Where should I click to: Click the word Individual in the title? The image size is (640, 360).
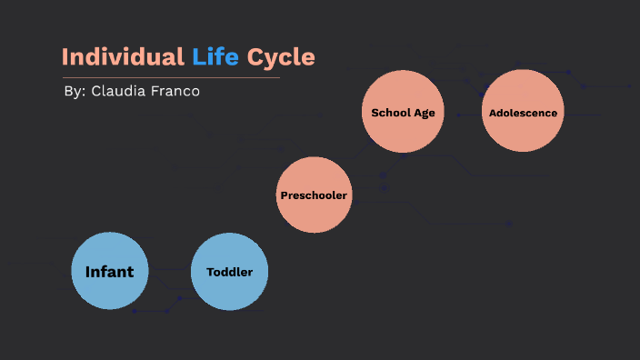click(x=123, y=57)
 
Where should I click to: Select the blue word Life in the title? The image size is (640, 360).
click(x=215, y=57)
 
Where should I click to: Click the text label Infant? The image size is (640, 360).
click(x=109, y=272)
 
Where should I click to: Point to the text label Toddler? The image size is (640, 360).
click(x=229, y=272)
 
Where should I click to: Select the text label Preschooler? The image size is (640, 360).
click(x=314, y=195)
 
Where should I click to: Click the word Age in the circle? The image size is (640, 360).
click(x=424, y=114)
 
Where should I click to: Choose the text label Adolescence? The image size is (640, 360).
click(x=523, y=114)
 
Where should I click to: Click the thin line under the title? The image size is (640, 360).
click(x=170, y=77)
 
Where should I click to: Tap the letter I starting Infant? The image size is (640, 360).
click(x=87, y=272)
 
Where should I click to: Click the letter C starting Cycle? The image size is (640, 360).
click(x=255, y=57)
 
